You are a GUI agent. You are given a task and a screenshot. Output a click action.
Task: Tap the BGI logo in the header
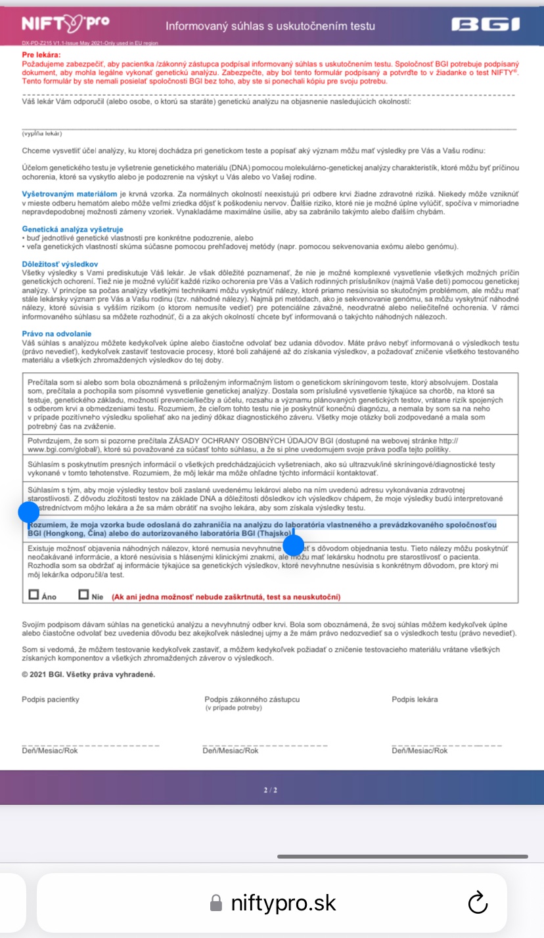486,26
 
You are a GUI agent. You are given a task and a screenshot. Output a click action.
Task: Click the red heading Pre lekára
41,54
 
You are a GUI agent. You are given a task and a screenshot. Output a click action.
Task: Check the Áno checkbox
34,595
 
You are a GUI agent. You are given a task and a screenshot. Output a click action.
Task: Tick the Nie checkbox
83,595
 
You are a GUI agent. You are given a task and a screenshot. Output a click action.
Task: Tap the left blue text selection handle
28,511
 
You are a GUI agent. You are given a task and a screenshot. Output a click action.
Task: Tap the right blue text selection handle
293,545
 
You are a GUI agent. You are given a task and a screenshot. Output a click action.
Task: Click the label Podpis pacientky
50,699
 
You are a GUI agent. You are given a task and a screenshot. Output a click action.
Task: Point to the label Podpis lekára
415,699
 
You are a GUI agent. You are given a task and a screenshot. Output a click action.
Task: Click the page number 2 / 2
271,790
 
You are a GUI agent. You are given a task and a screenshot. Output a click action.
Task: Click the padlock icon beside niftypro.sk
215,903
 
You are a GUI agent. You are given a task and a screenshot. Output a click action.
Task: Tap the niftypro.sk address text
283,903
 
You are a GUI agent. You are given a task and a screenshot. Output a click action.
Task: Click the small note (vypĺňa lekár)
42,133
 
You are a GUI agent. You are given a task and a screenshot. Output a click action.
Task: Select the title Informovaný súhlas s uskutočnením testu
270,26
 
